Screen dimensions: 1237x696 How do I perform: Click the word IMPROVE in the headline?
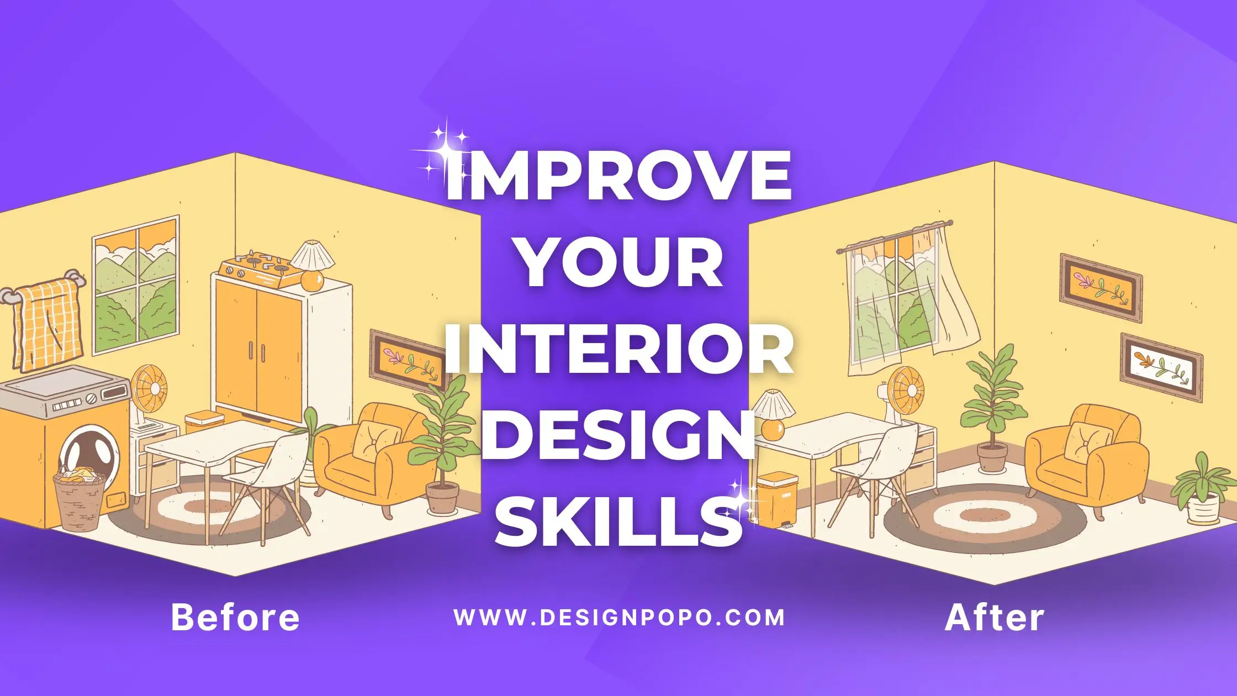618,175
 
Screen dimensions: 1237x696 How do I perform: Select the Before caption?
235,617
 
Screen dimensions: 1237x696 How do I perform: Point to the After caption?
995,617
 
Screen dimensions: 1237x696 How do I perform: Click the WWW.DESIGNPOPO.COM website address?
619,617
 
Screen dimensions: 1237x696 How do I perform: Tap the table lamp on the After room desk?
773,415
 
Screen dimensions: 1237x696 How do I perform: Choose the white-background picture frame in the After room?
1161,367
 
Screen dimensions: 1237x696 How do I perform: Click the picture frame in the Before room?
407,360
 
